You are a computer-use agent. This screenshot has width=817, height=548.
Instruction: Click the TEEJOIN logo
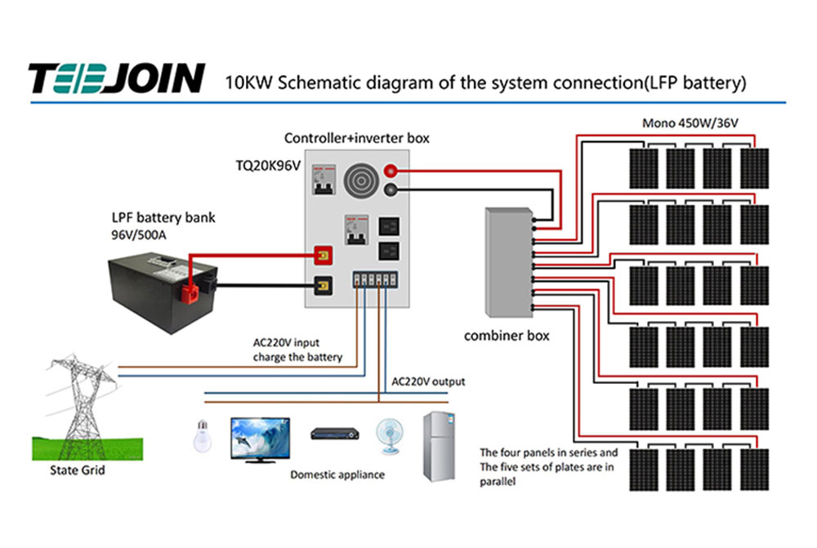coord(117,78)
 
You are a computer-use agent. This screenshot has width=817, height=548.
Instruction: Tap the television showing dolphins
coord(260,439)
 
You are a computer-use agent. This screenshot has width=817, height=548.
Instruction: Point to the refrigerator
coord(439,447)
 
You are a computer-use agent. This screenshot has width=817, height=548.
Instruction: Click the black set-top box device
coord(334,434)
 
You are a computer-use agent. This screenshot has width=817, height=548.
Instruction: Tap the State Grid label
coord(77,470)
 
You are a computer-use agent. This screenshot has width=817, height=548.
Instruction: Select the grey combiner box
coord(509,262)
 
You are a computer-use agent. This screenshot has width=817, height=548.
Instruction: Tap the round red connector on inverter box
coord(391,171)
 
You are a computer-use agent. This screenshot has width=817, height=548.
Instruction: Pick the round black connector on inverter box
coord(391,189)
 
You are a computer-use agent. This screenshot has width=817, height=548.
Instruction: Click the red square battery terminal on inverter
coord(323,256)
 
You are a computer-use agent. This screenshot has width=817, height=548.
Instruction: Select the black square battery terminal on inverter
coord(323,286)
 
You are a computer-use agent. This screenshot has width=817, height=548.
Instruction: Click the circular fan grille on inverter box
coord(360,180)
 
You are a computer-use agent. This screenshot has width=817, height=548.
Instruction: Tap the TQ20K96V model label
coord(268,166)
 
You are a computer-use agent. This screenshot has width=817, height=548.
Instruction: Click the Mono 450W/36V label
coord(690,123)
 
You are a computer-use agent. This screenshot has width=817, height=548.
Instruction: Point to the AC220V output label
coord(428,381)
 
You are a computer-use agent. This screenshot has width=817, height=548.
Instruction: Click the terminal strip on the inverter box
coord(375,279)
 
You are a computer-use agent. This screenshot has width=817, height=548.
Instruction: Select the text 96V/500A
coord(139,235)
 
